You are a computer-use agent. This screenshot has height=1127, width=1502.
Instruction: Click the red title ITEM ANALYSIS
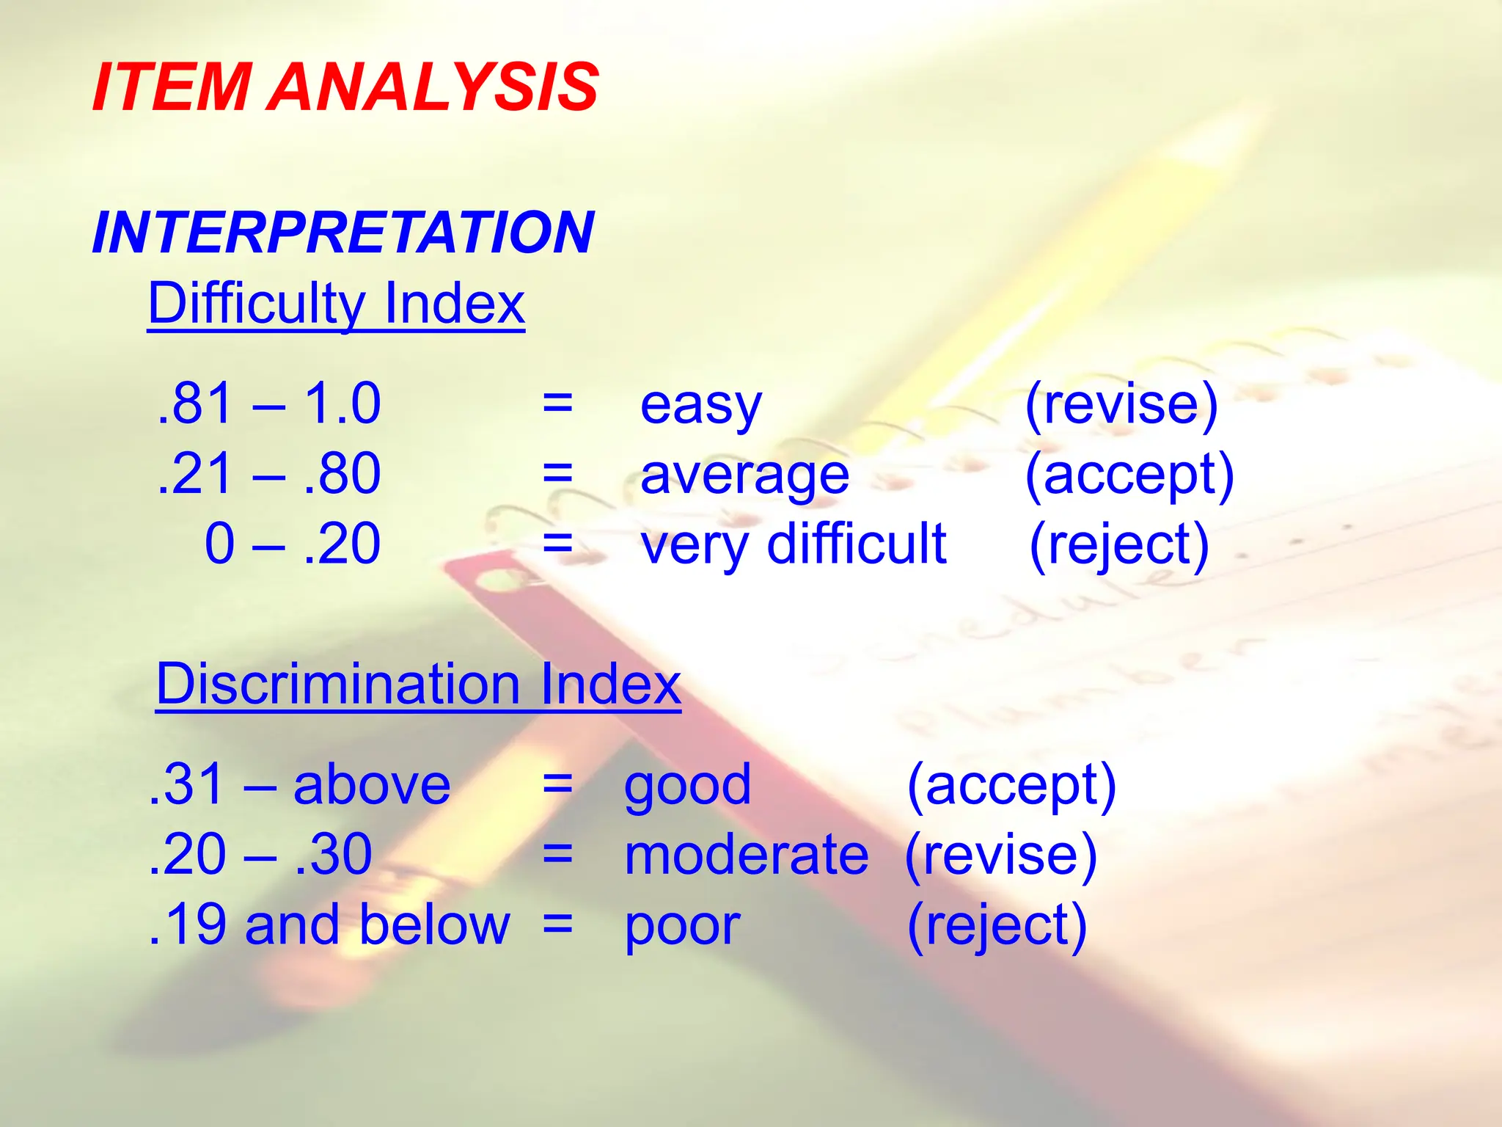click(345, 87)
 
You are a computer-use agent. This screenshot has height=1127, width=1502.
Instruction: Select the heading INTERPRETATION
click(342, 233)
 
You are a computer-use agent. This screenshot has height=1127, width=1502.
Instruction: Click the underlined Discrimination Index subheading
click(418, 684)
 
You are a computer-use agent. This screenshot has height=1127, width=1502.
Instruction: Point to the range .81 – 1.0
click(269, 404)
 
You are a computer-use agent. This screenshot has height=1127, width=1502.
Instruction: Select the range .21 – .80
click(269, 473)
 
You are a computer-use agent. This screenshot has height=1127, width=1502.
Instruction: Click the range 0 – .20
click(292, 544)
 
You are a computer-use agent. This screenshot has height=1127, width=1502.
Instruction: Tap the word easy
click(700, 405)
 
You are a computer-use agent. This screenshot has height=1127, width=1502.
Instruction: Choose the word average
click(744, 475)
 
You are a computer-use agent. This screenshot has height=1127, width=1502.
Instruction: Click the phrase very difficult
click(793, 545)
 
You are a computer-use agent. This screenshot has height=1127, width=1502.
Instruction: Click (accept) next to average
click(1129, 475)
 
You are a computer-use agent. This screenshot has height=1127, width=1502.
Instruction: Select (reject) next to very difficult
click(1119, 545)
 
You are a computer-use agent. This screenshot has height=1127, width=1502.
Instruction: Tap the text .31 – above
click(299, 784)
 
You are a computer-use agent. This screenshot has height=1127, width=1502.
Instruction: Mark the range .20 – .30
click(260, 854)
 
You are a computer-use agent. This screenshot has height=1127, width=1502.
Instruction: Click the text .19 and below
click(329, 924)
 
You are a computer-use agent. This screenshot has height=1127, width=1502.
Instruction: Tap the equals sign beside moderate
click(557, 855)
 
